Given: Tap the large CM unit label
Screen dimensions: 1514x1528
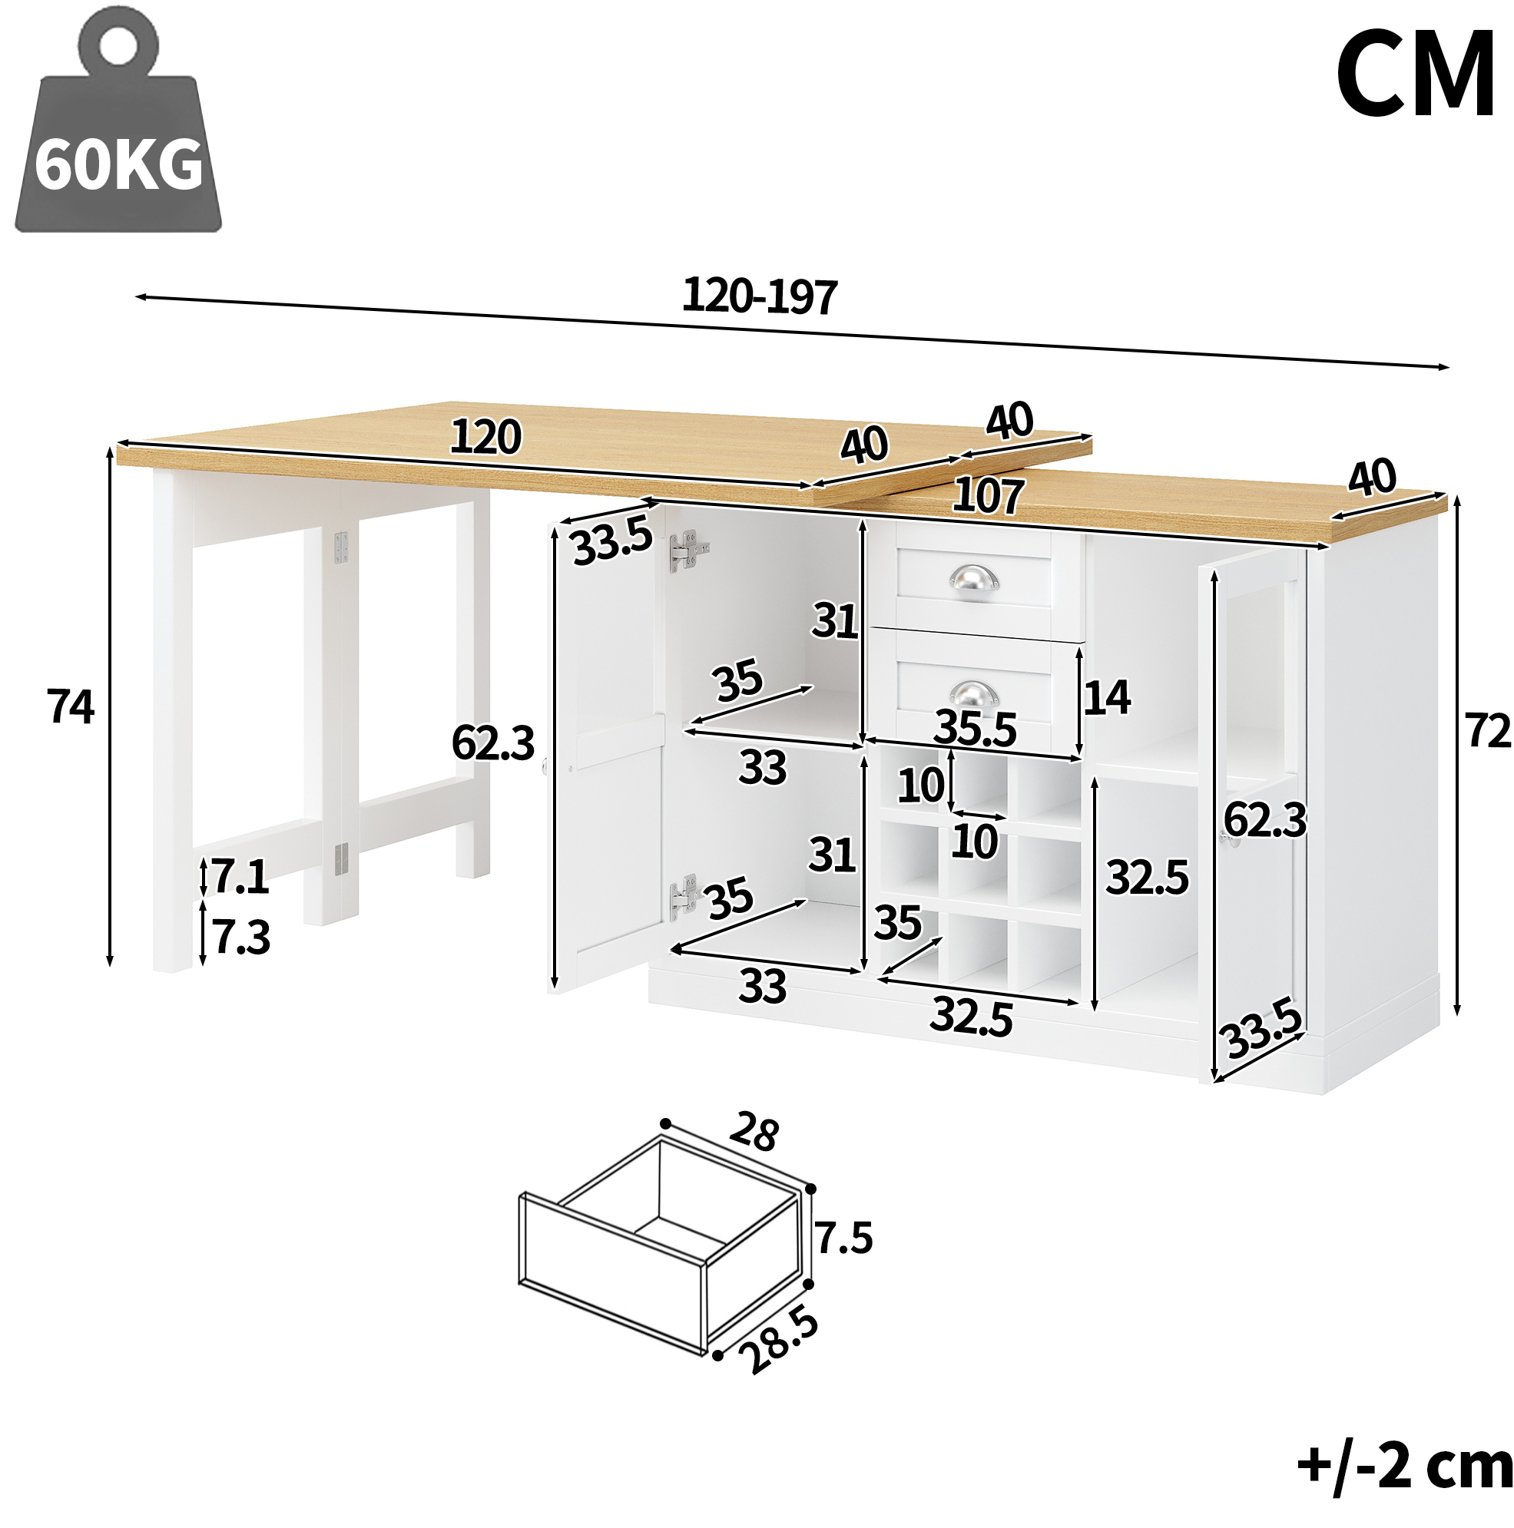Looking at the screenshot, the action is (1415, 74).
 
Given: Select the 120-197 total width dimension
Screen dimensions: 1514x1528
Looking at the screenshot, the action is (760, 296).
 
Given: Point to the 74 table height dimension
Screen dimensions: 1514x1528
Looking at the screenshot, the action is (71, 706).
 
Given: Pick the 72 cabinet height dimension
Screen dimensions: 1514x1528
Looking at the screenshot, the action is (1489, 730).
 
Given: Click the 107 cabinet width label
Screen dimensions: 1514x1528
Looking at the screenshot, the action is (989, 496).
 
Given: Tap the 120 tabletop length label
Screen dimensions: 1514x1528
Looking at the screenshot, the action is (485, 437).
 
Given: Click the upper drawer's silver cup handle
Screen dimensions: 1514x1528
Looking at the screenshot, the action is (974, 579).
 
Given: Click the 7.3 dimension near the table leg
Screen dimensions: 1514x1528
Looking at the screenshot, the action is (241, 938).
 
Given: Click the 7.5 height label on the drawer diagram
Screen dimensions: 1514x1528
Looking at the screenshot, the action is (844, 1238).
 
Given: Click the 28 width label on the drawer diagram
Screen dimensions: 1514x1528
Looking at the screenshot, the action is (754, 1132).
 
